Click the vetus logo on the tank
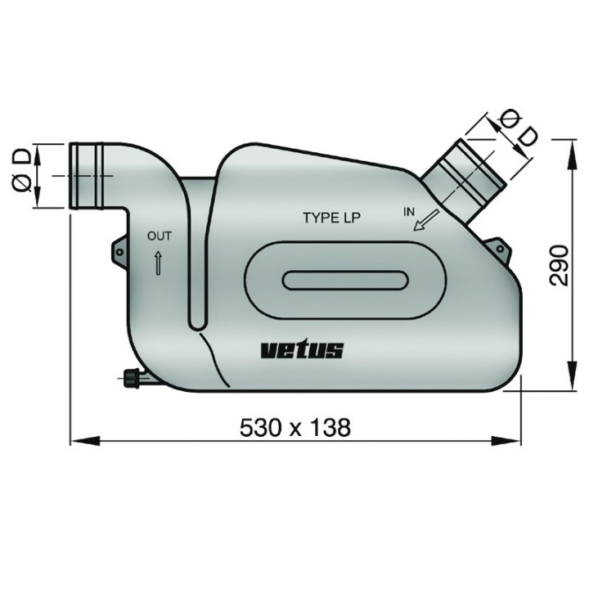pyautogui.click(x=302, y=350)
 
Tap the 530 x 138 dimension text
pyautogui.click(x=294, y=426)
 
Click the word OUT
pyautogui.click(x=159, y=236)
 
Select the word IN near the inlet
pyautogui.click(x=409, y=212)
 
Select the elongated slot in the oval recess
pyautogui.click(x=344, y=280)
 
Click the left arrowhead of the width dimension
pyautogui.click(x=76, y=443)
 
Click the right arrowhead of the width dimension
pyautogui.click(x=518, y=443)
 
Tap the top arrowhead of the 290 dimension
pyautogui.click(x=569, y=144)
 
